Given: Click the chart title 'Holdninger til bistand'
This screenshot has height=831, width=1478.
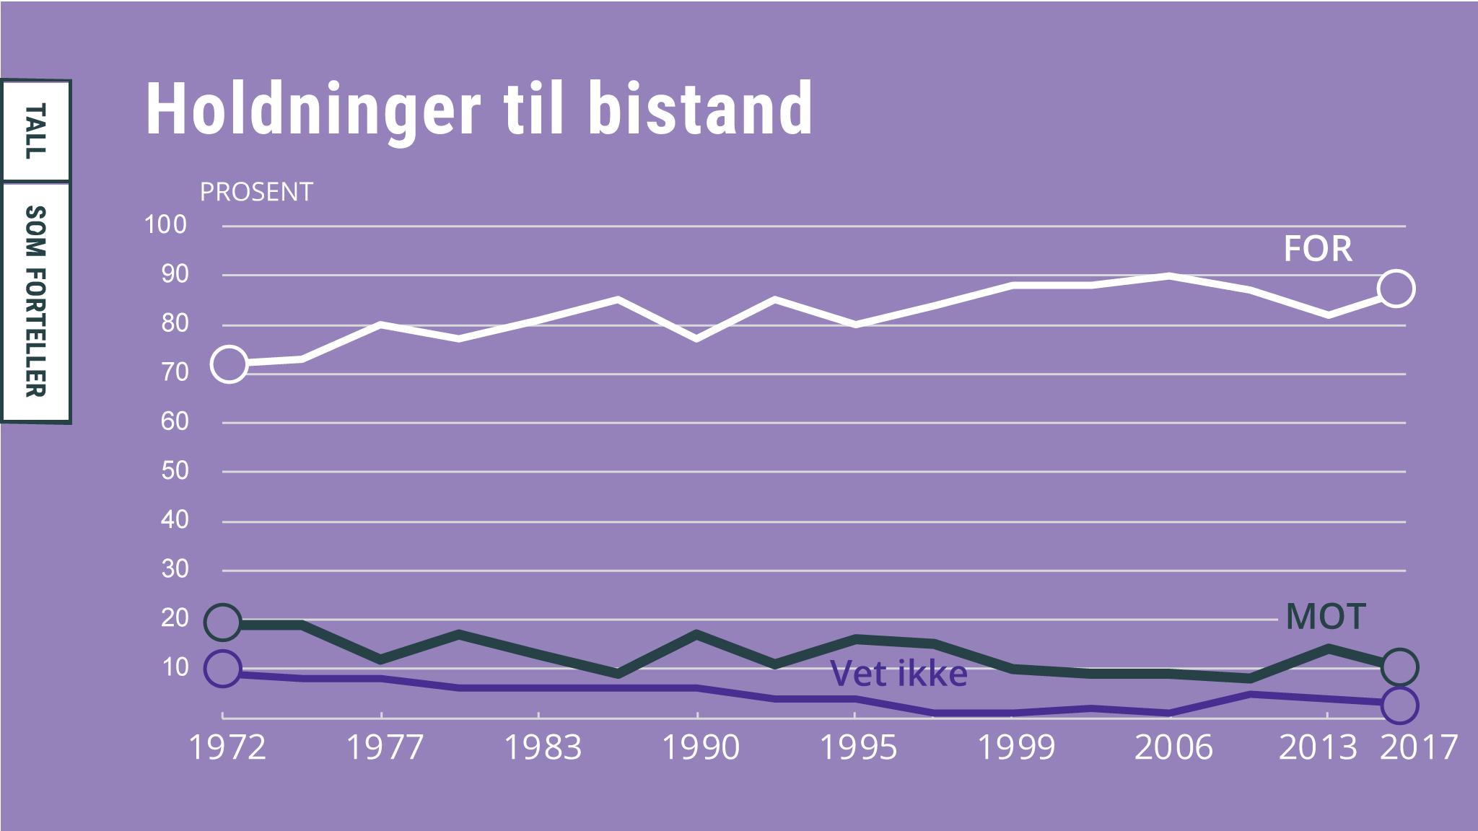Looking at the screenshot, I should point(479,110).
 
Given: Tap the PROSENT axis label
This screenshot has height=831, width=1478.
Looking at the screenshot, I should point(256,193).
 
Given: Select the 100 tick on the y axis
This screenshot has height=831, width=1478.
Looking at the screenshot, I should point(165,225).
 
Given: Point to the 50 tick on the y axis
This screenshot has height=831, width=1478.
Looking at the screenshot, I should point(175,471).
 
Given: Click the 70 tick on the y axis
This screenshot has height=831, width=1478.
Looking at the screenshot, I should point(175,373).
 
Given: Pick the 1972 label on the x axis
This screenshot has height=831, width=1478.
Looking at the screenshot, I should point(227,747).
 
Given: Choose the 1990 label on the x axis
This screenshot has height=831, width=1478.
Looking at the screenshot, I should point(701,747).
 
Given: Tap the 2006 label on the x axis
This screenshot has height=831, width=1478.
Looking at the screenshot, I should point(1173,747).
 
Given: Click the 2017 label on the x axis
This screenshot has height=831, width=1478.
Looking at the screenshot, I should point(1419,747).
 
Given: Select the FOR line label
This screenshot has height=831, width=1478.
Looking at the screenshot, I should point(1318,249).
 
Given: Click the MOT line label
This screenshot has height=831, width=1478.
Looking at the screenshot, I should point(1326,617).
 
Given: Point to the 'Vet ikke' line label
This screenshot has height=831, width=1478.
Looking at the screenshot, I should point(898,674).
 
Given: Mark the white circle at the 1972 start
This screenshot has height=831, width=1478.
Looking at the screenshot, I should point(229,364).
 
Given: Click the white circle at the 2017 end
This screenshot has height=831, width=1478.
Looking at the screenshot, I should point(1396,289).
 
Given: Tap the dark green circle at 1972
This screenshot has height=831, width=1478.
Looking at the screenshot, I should point(223,622).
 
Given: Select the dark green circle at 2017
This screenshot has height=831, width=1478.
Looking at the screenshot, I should point(1399,667).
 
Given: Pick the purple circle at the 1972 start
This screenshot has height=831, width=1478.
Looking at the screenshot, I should point(223,668).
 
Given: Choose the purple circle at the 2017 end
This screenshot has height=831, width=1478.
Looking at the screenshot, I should point(1399,705).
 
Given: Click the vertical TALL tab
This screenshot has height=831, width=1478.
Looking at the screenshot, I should point(36,131).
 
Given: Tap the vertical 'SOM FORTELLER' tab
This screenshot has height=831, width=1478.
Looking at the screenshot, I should point(36,302).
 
